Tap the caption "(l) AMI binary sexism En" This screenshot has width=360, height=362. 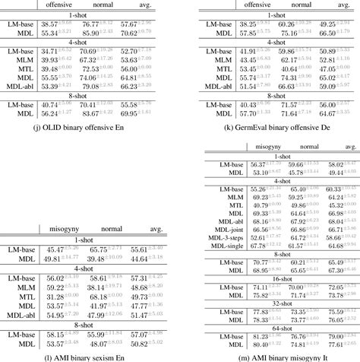point(90,354)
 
